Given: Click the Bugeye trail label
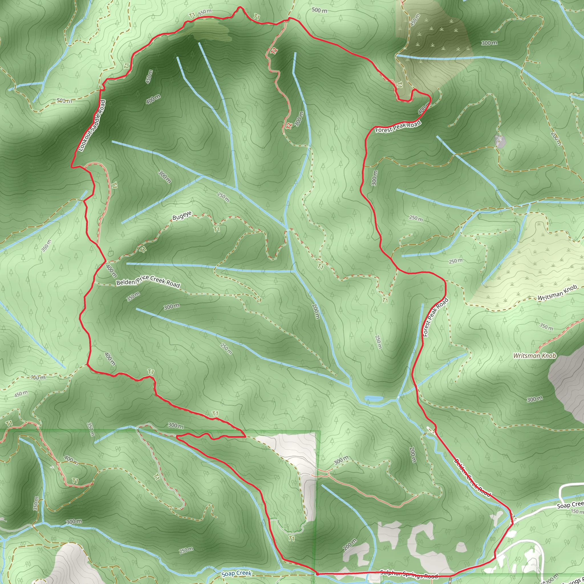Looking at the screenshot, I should (x=182, y=216).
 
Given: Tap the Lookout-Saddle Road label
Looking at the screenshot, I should (x=92, y=125).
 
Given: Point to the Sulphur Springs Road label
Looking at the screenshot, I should (x=409, y=574).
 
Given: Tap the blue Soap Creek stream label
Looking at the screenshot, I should (x=236, y=573).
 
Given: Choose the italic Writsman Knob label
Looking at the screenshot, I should (x=534, y=356).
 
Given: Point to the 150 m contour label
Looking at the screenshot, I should (x=577, y=511).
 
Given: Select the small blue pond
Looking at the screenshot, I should (x=374, y=399).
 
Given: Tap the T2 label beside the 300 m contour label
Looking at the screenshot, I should (x=289, y=125).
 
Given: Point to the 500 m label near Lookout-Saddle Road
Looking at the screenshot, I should (x=64, y=101).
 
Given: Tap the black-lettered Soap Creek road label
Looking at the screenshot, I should (x=570, y=504).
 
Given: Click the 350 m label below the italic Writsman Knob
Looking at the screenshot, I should (x=546, y=327).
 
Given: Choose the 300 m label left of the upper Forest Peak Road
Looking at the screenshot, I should (x=374, y=178).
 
